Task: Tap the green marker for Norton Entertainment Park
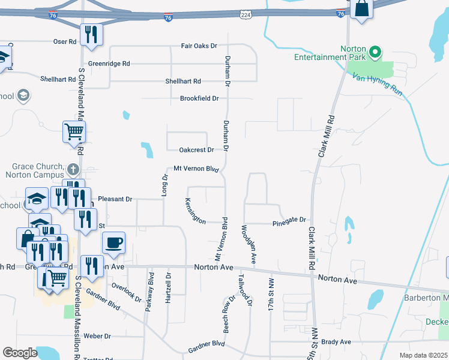click(376, 52)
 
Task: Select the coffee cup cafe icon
click(113, 243)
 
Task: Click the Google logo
click(20, 353)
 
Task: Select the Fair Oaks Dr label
click(199, 46)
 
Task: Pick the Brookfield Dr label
click(199, 98)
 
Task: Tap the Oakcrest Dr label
click(196, 150)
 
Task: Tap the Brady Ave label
click(336, 342)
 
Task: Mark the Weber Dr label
click(97, 336)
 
